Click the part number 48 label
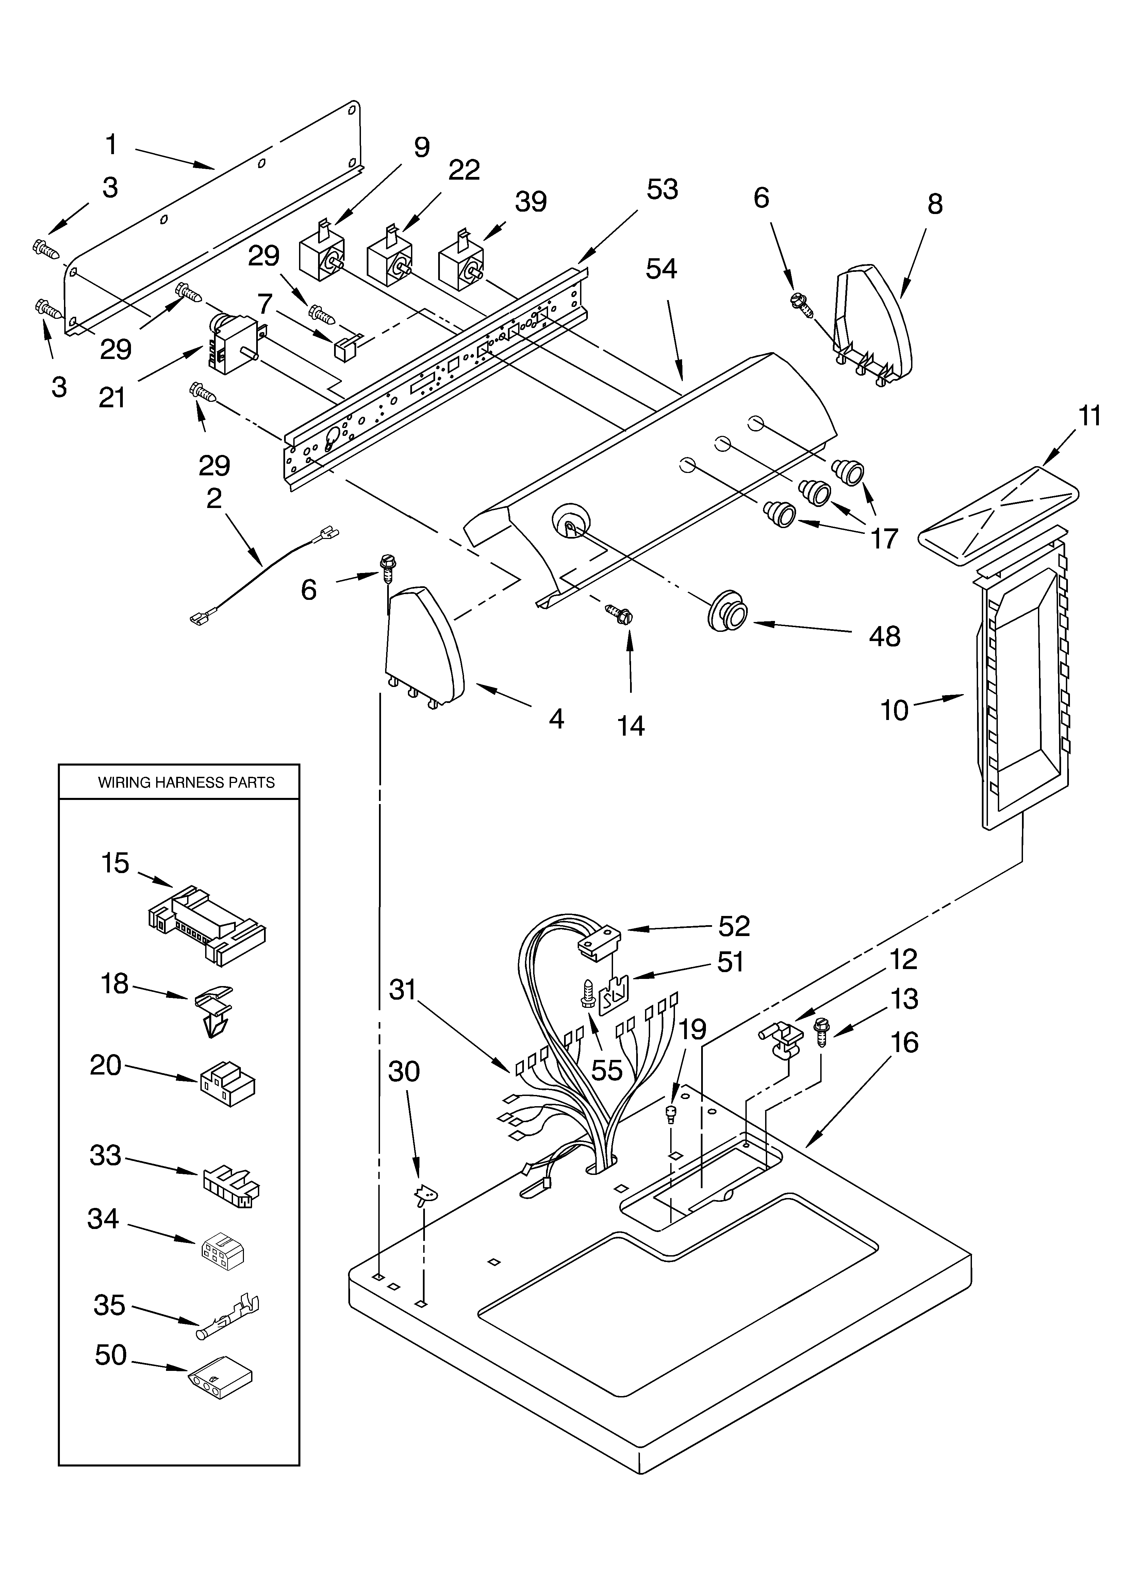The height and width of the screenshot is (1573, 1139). click(x=885, y=636)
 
